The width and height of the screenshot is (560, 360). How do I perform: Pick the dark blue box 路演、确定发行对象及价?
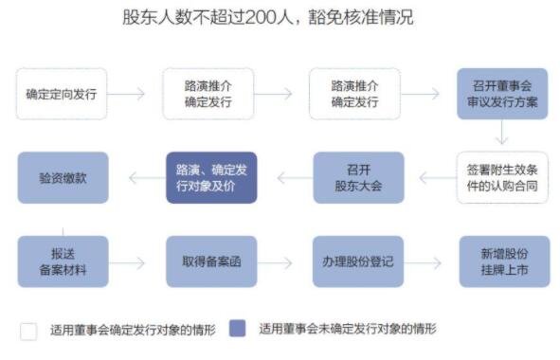211,177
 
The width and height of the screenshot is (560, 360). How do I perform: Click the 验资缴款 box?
63,177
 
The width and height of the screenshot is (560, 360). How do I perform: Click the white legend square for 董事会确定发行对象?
28,331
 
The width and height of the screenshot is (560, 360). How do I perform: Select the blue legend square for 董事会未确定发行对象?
239,330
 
